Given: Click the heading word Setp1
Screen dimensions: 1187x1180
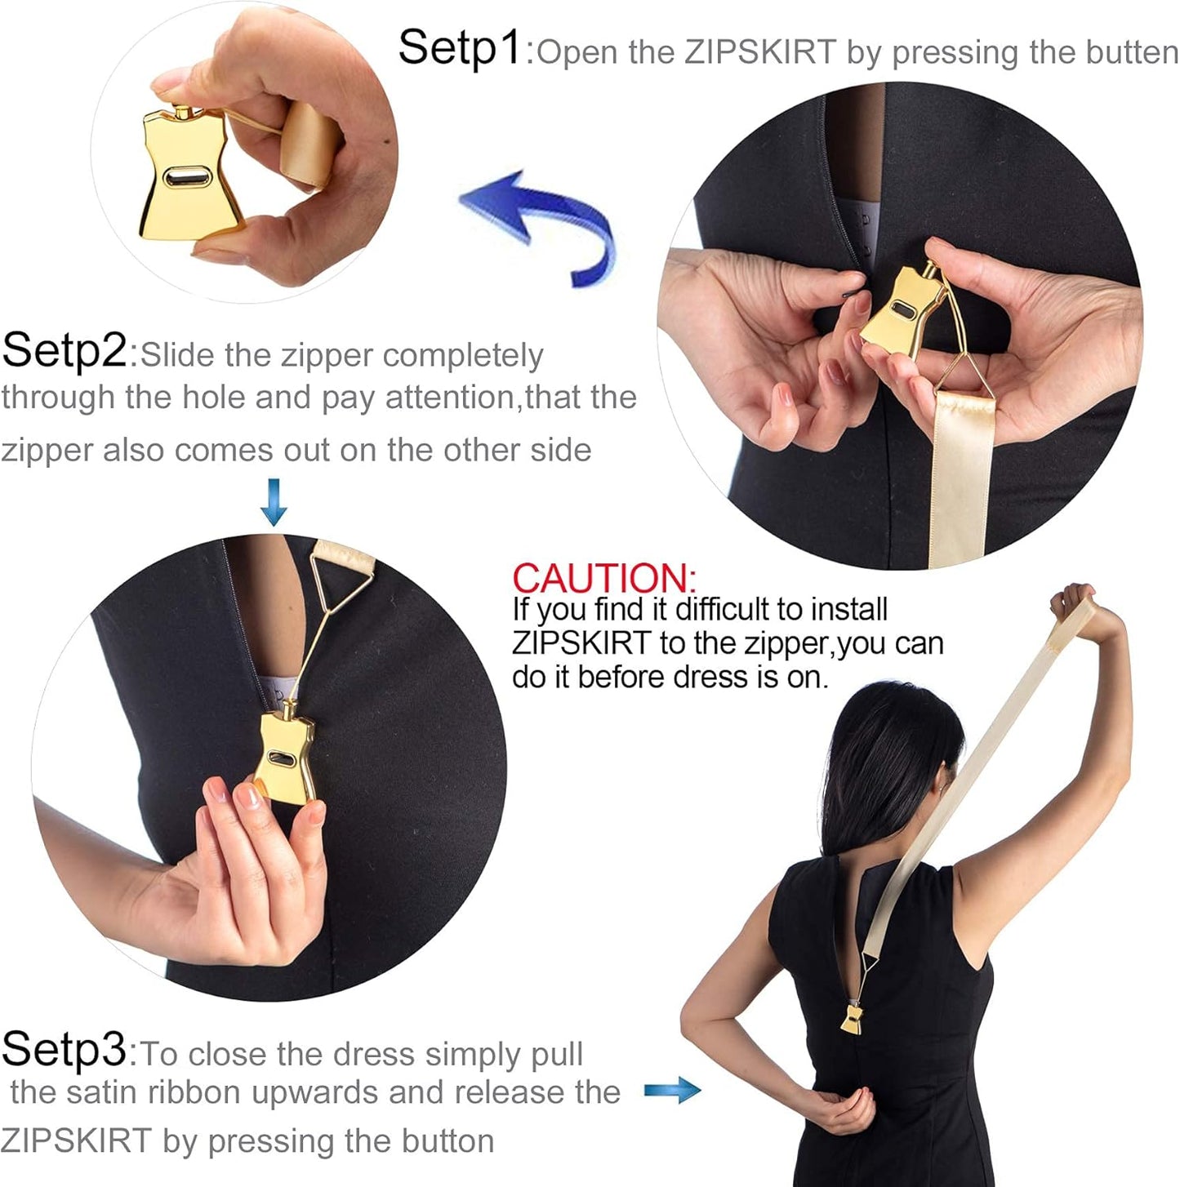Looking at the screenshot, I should pos(459,47).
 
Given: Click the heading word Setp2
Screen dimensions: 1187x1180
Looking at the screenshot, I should pos(64,351).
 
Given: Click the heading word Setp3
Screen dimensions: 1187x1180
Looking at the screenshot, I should pos(64,1050).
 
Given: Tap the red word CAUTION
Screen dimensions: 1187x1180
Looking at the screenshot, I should pos(603,578).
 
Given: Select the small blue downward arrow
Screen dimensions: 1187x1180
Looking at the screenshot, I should pos(274,502).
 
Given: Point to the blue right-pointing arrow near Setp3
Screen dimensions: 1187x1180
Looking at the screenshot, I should pos(672,1091).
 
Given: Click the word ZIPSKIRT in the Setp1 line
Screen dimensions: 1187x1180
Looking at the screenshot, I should pos(759,53).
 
